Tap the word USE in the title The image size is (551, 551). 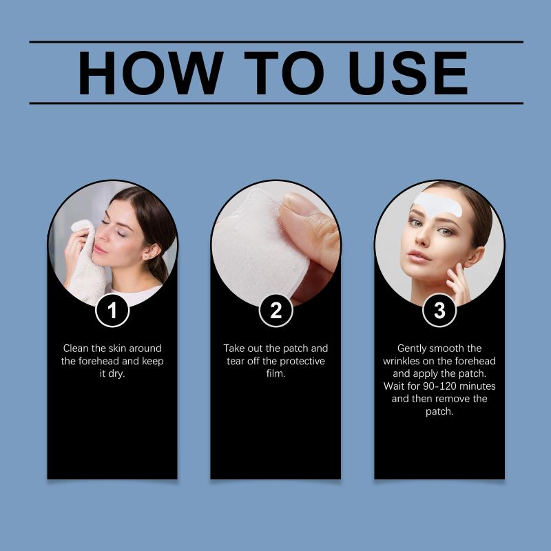pyautogui.click(x=408, y=73)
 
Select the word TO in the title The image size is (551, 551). pyautogui.click(x=284, y=73)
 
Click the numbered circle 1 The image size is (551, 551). pyautogui.click(x=112, y=311)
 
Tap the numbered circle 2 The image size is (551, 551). pyautogui.click(x=276, y=311)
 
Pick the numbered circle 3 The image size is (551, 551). pyautogui.click(x=439, y=311)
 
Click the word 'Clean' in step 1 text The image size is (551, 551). pyautogui.click(x=76, y=349)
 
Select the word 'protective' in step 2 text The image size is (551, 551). pyautogui.click(x=302, y=361)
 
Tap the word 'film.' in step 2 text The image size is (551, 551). pyautogui.click(x=276, y=373)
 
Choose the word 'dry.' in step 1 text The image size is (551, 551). pyautogui.click(x=116, y=374)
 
